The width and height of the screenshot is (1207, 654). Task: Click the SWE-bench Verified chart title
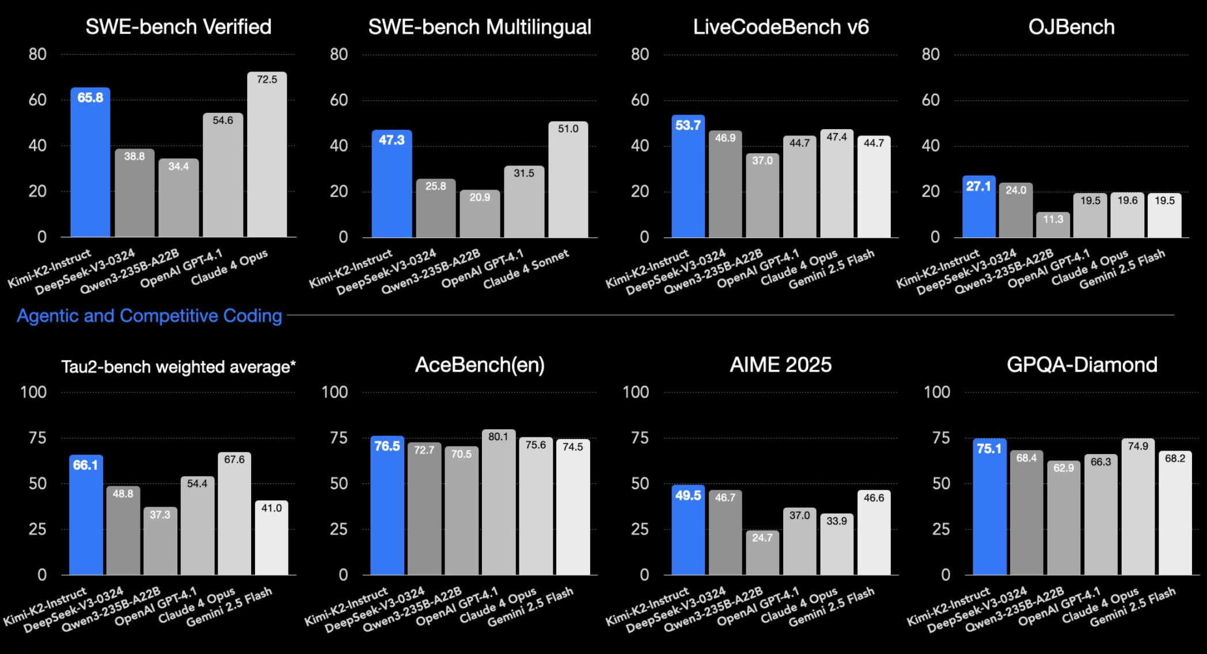(x=179, y=27)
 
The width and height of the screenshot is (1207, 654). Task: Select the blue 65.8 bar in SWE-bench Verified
(x=90, y=167)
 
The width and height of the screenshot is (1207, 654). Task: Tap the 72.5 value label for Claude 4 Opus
(x=267, y=80)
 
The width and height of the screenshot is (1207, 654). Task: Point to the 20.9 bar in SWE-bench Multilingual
(x=480, y=216)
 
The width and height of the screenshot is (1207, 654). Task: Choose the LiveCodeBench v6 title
(x=781, y=27)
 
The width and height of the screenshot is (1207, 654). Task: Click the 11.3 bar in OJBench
(x=1053, y=226)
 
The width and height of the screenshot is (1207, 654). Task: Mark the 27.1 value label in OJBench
(x=978, y=186)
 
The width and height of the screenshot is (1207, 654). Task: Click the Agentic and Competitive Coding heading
(x=149, y=316)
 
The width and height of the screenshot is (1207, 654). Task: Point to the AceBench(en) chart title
(x=480, y=365)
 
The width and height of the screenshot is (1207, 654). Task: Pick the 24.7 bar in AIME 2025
(x=762, y=554)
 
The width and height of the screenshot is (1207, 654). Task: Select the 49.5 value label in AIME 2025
(x=688, y=496)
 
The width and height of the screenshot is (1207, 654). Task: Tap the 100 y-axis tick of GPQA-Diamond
(x=937, y=392)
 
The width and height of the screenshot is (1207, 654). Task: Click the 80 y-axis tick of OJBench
(x=931, y=55)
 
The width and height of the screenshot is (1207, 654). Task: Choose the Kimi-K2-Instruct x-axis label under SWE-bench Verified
(x=50, y=269)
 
